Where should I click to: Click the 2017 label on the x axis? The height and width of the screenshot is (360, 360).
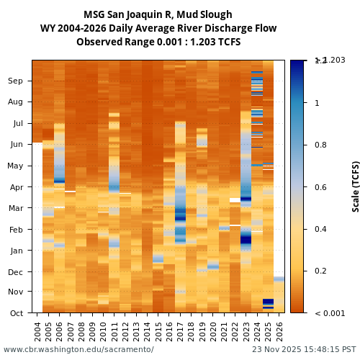[181, 332]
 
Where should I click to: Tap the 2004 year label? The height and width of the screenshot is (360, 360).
[37, 332]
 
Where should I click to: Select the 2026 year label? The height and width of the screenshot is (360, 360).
[279, 332]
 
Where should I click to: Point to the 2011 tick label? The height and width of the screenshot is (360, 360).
[114, 332]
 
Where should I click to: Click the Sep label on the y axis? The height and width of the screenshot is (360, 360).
[16, 81]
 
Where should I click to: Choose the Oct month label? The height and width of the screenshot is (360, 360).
[16, 313]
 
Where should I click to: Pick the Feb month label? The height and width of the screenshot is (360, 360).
[16, 230]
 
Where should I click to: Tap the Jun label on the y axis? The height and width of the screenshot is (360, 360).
[16, 145]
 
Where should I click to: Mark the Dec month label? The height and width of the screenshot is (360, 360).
[16, 272]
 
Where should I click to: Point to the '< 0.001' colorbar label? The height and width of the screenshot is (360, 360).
[330, 313]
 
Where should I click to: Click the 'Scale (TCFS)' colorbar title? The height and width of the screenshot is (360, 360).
[356, 186]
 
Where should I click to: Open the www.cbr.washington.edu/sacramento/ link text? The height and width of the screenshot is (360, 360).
[78, 349]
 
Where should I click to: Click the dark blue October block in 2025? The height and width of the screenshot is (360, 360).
[268, 302]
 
